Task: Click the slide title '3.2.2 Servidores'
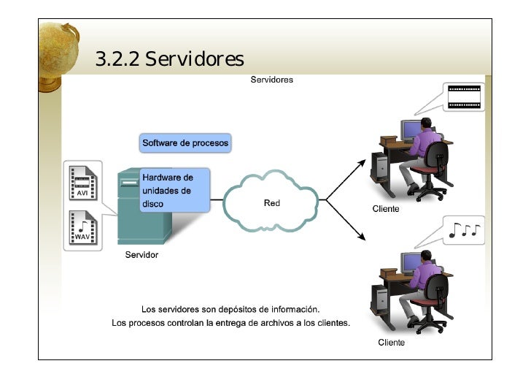169,58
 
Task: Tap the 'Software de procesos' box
185,143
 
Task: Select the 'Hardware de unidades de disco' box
172,190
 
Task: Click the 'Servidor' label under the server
142,255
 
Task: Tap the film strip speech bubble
464,97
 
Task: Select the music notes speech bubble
464,231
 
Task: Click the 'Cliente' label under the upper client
386,209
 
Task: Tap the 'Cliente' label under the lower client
391,342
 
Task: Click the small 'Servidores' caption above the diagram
271,80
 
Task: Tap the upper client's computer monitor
411,131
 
